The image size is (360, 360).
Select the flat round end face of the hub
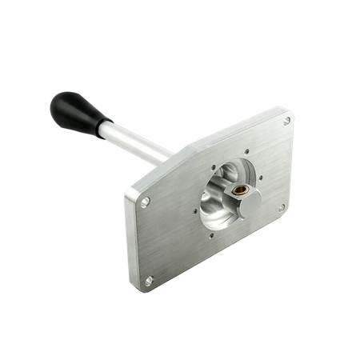tap(248, 200)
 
